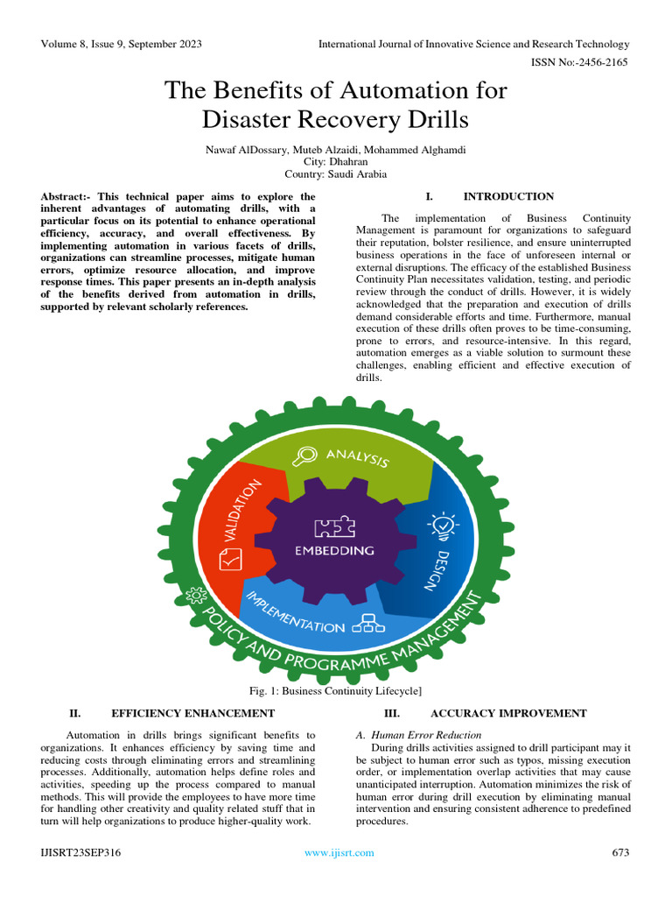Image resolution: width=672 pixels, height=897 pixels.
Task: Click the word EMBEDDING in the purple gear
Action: point(335,551)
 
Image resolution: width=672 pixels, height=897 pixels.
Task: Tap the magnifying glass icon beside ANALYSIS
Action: point(306,456)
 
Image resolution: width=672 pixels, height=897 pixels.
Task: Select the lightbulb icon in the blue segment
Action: point(439,524)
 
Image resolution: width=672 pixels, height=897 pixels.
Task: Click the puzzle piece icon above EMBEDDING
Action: point(334,526)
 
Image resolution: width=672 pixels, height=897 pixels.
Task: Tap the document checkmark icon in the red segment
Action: point(231,558)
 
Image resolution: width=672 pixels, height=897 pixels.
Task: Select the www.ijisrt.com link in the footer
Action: point(339,852)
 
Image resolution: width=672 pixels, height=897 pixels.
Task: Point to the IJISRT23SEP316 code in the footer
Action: point(80,852)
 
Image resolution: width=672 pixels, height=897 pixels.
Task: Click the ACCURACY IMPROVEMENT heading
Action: point(508,714)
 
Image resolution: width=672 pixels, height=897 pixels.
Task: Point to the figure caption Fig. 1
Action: point(336,693)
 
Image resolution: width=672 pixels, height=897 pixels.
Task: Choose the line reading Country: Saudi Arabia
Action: point(336,174)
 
